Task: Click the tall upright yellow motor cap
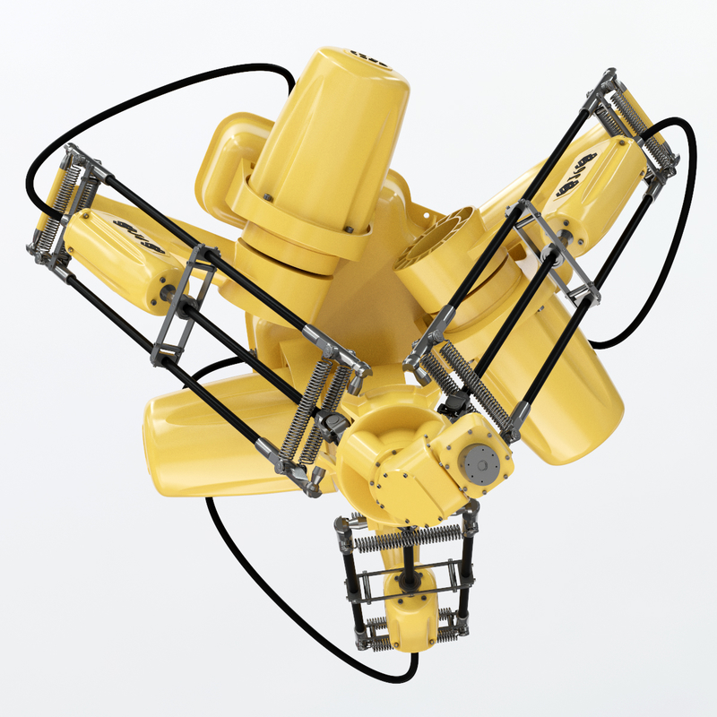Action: tap(332, 134)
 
